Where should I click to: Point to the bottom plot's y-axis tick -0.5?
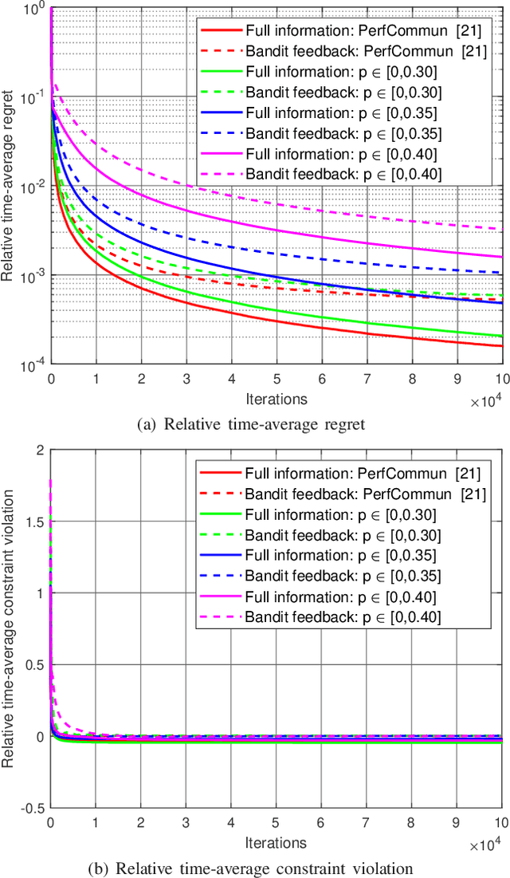(33, 808)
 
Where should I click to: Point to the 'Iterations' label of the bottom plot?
(275, 841)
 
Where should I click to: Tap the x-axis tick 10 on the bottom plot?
(500, 823)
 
